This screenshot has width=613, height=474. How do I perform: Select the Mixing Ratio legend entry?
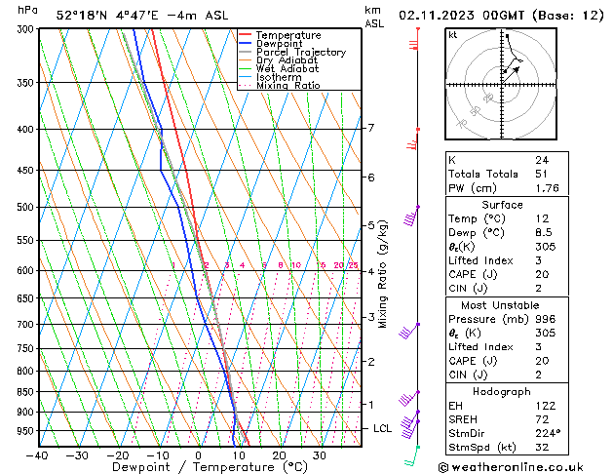coord(287,86)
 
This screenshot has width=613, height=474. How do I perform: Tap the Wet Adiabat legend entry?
coord(287,69)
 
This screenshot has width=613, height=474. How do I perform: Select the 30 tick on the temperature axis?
coord(319,455)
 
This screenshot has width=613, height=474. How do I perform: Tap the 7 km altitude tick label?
coord(370,128)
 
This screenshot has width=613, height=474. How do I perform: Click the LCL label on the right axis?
coord(383,428)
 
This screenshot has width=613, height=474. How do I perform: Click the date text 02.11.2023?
coord(437,15)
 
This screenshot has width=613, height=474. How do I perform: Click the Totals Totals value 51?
coord(540,174)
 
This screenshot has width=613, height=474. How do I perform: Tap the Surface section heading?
coord(503,205)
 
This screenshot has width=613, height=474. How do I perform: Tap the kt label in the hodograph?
coord(452,34)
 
